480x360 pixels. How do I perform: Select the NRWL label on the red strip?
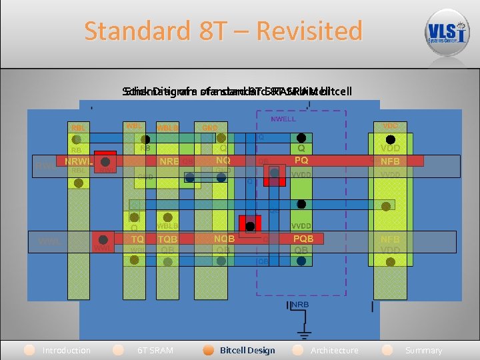(x=78, y=161)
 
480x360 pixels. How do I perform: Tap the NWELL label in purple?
(x=283, y=119)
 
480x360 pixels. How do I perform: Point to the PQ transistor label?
(x=301, y=160)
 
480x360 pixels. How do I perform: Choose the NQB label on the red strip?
(x=223, y=238)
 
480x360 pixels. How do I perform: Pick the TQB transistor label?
(x=167, y=239)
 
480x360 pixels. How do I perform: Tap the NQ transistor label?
(x=223, y=160)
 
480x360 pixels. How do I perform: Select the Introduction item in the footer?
(x=66, y=350)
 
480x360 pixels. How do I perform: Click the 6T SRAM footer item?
(x=155, y=350)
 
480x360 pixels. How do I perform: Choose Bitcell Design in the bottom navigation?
(x=247, y=350)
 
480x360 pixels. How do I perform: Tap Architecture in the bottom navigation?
(x=334, y=350)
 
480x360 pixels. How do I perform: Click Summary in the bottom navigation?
(x=423, y=350)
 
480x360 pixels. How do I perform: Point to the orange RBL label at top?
(x=79, y=128)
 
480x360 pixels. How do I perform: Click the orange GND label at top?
(x=210, y=127)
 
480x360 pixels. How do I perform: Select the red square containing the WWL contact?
(x=103, y=241)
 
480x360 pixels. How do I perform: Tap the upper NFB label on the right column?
(x=390, y=161)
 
